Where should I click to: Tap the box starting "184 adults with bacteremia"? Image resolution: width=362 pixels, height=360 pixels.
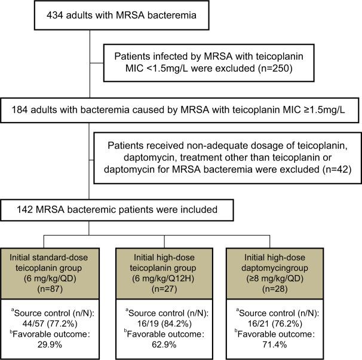click(181, 110)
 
